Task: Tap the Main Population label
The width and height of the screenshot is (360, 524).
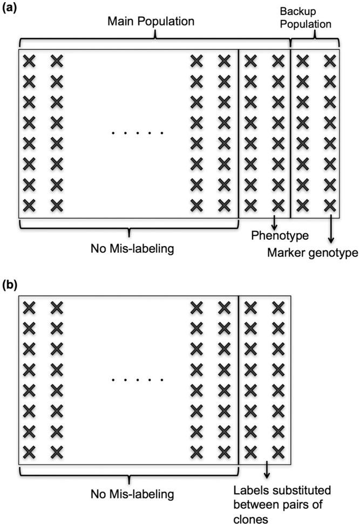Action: click(x=151, y=22)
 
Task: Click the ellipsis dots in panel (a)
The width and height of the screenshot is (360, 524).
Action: click(x=138, y=133)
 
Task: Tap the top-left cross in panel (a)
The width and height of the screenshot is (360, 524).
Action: click(x=29, y=61)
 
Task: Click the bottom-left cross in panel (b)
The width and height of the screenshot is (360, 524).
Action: click(x=29, y=451)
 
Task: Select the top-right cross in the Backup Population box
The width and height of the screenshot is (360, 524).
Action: click(x=330, y=61)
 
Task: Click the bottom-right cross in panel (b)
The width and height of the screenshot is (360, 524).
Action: click(x=277, y=451)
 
